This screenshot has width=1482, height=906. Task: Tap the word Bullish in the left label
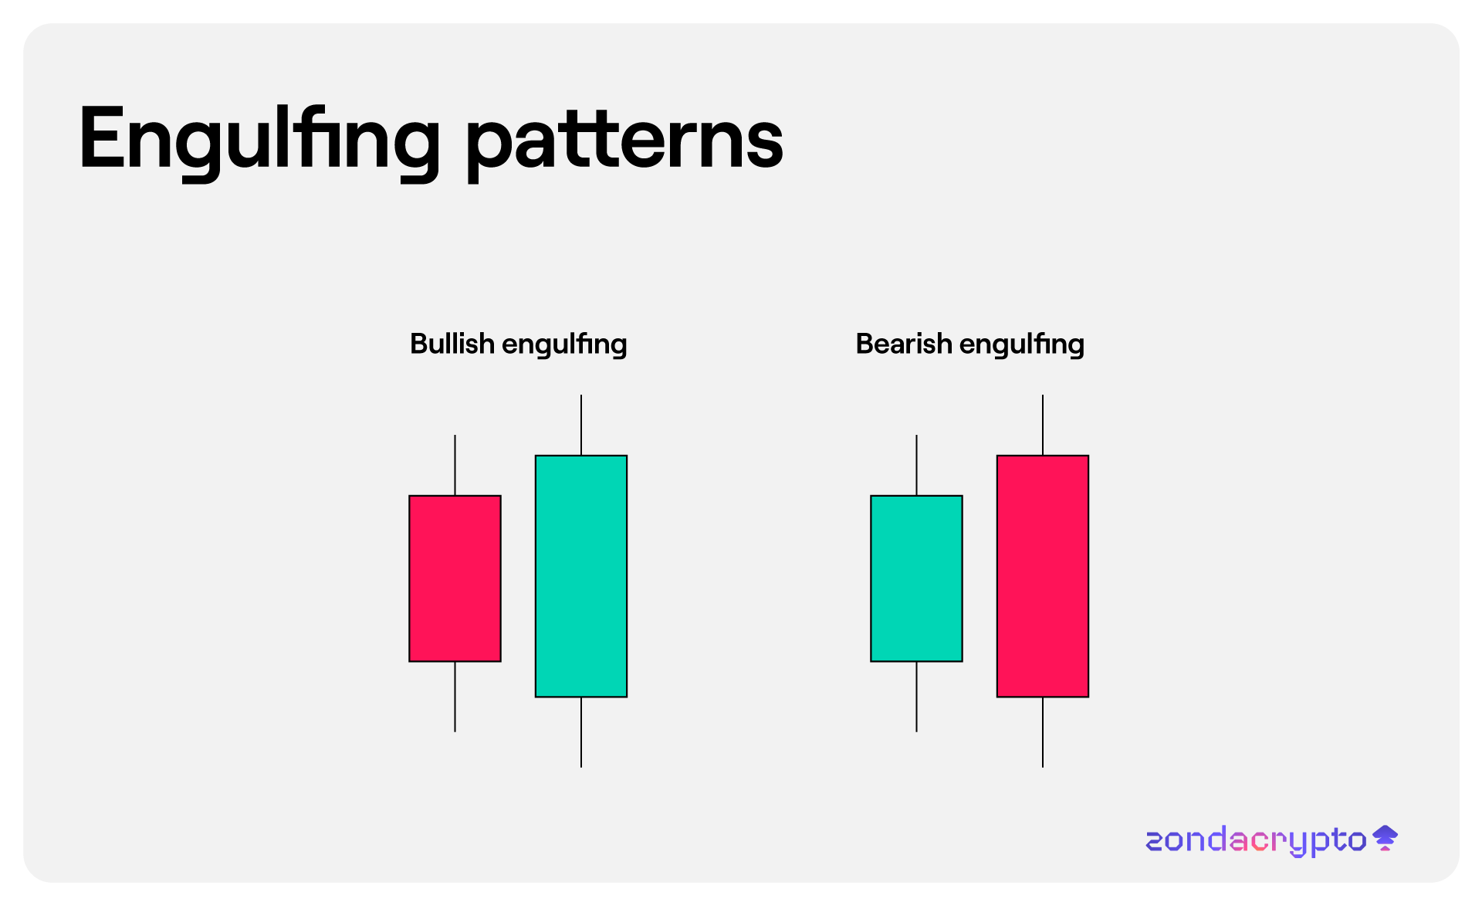452,344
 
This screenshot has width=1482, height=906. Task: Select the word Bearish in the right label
904,344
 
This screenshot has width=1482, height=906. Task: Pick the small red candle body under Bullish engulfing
455,579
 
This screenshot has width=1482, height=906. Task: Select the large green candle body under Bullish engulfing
581,576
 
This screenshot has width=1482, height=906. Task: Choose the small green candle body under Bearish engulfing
917,579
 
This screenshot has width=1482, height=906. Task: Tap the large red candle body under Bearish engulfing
1043,576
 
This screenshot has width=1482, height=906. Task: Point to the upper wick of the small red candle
455,465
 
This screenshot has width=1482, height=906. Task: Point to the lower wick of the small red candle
455,697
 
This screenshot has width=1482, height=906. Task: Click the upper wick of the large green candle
581,425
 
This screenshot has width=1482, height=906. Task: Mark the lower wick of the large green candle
581,732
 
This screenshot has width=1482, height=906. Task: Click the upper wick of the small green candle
917,465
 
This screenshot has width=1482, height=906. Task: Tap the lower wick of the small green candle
917,697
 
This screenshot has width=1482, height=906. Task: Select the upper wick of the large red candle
1043,425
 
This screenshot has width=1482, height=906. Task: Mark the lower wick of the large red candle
1043,732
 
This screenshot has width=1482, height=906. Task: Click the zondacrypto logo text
1256,841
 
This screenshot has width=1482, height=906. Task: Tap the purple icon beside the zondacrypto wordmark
1386,838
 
